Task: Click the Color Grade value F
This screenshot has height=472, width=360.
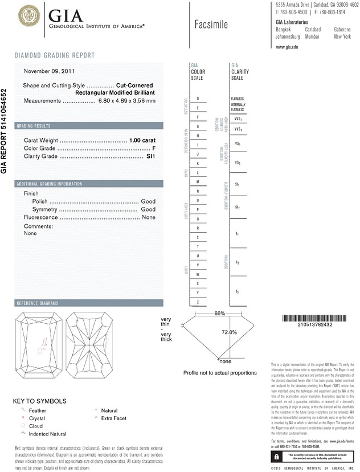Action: (x=154, y=148)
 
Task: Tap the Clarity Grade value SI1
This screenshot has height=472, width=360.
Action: (x=151, y=156)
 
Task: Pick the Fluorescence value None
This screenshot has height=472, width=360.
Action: (x=149, y=218)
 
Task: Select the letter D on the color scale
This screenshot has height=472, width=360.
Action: (x=197, y=99)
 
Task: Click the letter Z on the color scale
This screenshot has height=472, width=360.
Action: (x=197, y=302)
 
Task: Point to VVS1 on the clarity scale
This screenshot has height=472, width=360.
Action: (x=238, y=119)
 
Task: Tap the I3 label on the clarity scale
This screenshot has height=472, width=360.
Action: (x=237, y=291)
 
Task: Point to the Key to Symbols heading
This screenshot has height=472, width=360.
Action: (x=40, y=401)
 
